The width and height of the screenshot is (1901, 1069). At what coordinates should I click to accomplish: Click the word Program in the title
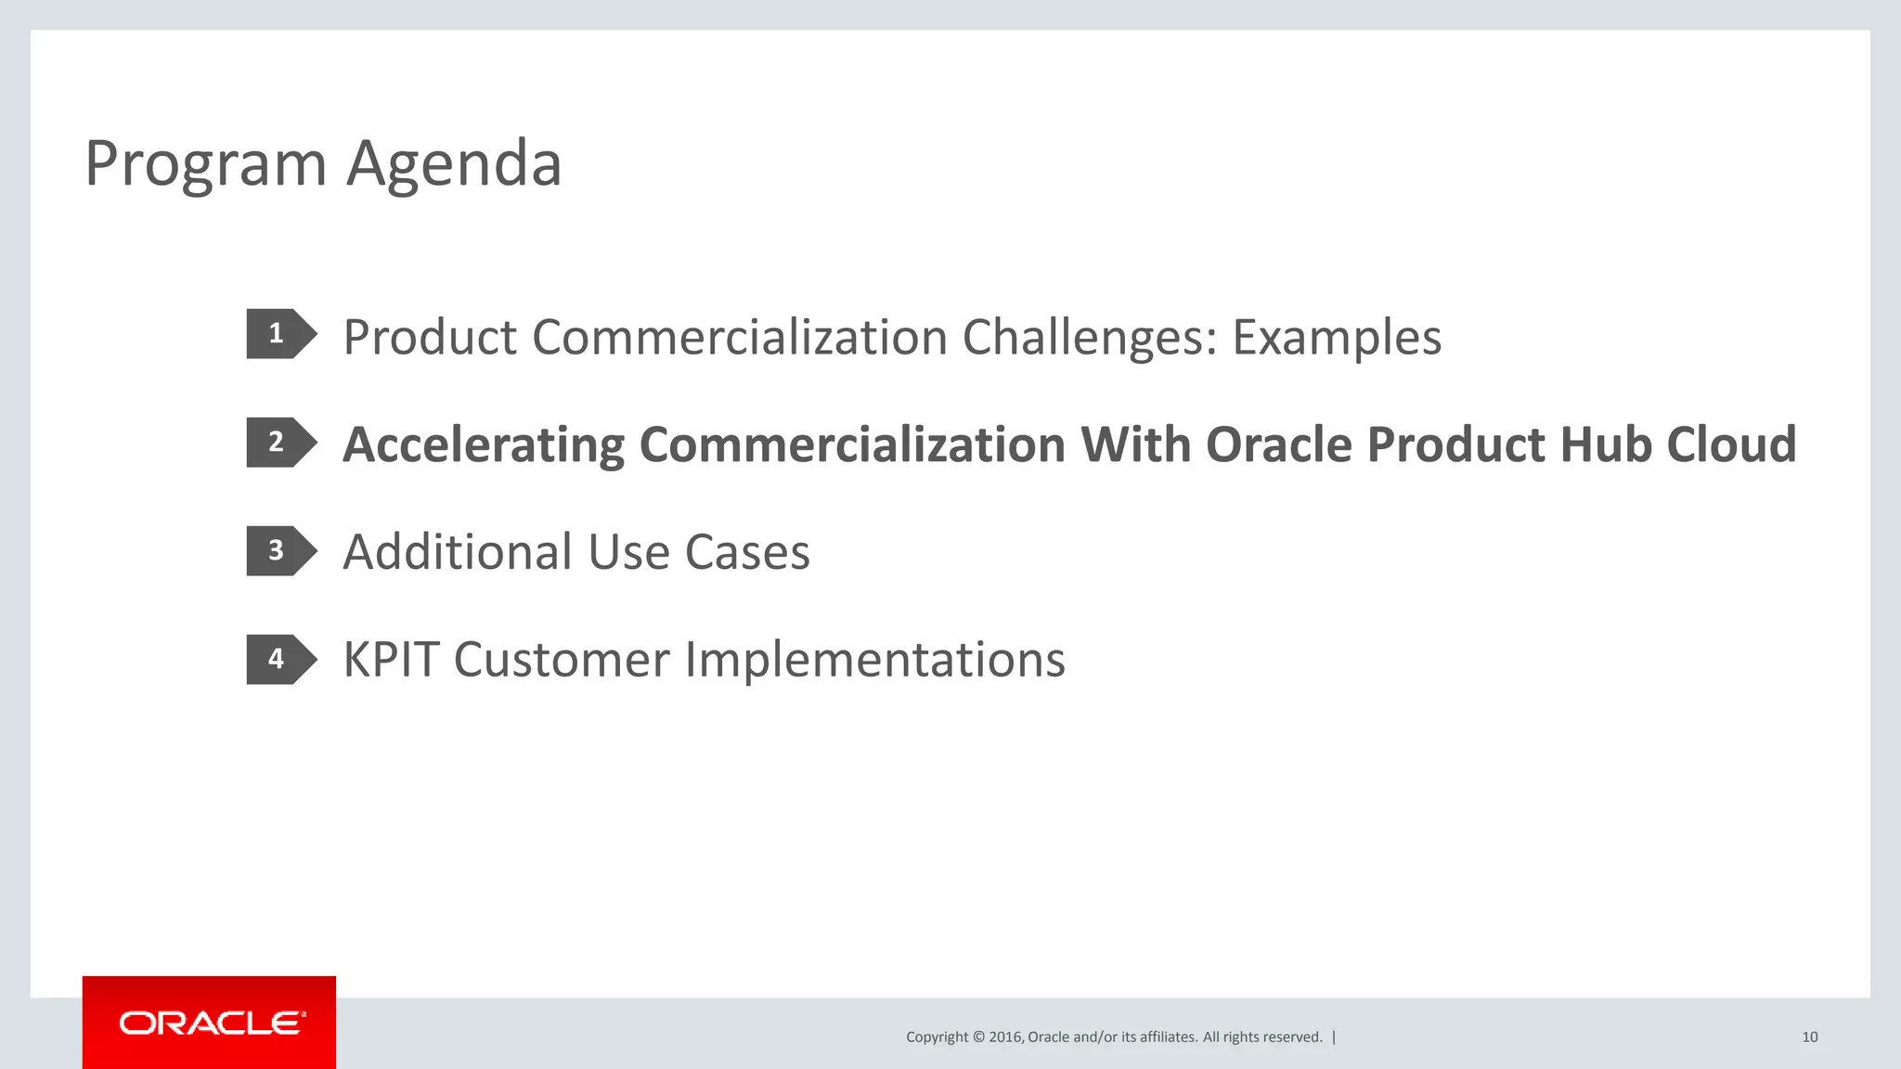[205, 165]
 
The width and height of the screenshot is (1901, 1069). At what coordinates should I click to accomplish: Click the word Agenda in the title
[454, 165]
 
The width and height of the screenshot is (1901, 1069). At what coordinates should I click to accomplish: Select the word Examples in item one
[1337, 338]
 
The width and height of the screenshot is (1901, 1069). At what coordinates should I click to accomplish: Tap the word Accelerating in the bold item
[483, 445]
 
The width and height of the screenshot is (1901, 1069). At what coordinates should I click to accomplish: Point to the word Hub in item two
[1606, 445]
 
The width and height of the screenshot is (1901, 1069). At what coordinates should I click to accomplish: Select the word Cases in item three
[747, 552]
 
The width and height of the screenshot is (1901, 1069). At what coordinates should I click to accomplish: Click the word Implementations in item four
[874, 661]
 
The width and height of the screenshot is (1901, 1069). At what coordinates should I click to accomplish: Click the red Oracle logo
[210, 1023]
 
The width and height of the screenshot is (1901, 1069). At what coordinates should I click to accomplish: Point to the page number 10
[1809, 1037]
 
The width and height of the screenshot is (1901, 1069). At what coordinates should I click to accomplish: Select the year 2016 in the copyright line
[1005, 1037]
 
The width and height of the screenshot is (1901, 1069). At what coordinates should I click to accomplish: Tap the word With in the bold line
[1135, 445]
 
